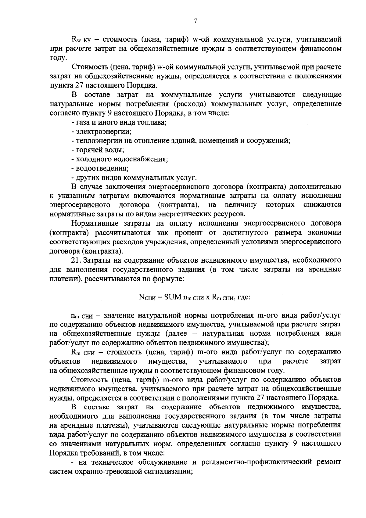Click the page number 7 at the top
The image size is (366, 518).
pos(196,21)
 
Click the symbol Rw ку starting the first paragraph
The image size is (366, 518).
pos(80,40)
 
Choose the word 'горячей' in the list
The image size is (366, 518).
pos(90,150)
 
